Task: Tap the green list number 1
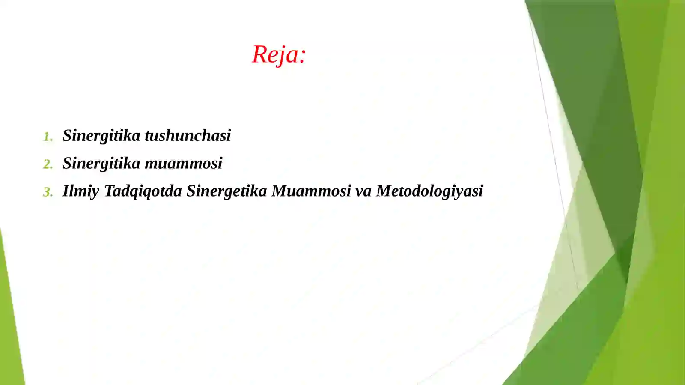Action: (x=48, y=137)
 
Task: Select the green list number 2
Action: (x=48, y=164)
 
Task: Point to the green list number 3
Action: (x=48, y=192)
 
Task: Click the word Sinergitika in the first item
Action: (x=101, y=136)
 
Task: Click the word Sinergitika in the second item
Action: (x=101, y=163)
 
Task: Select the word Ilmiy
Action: (x=80, y=191)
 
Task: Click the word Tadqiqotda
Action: (x=143, y=191)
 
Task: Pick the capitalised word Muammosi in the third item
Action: (x=311, y=191)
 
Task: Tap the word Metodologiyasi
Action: (x=429, y=191)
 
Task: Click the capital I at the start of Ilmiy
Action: (x=66, y=191)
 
